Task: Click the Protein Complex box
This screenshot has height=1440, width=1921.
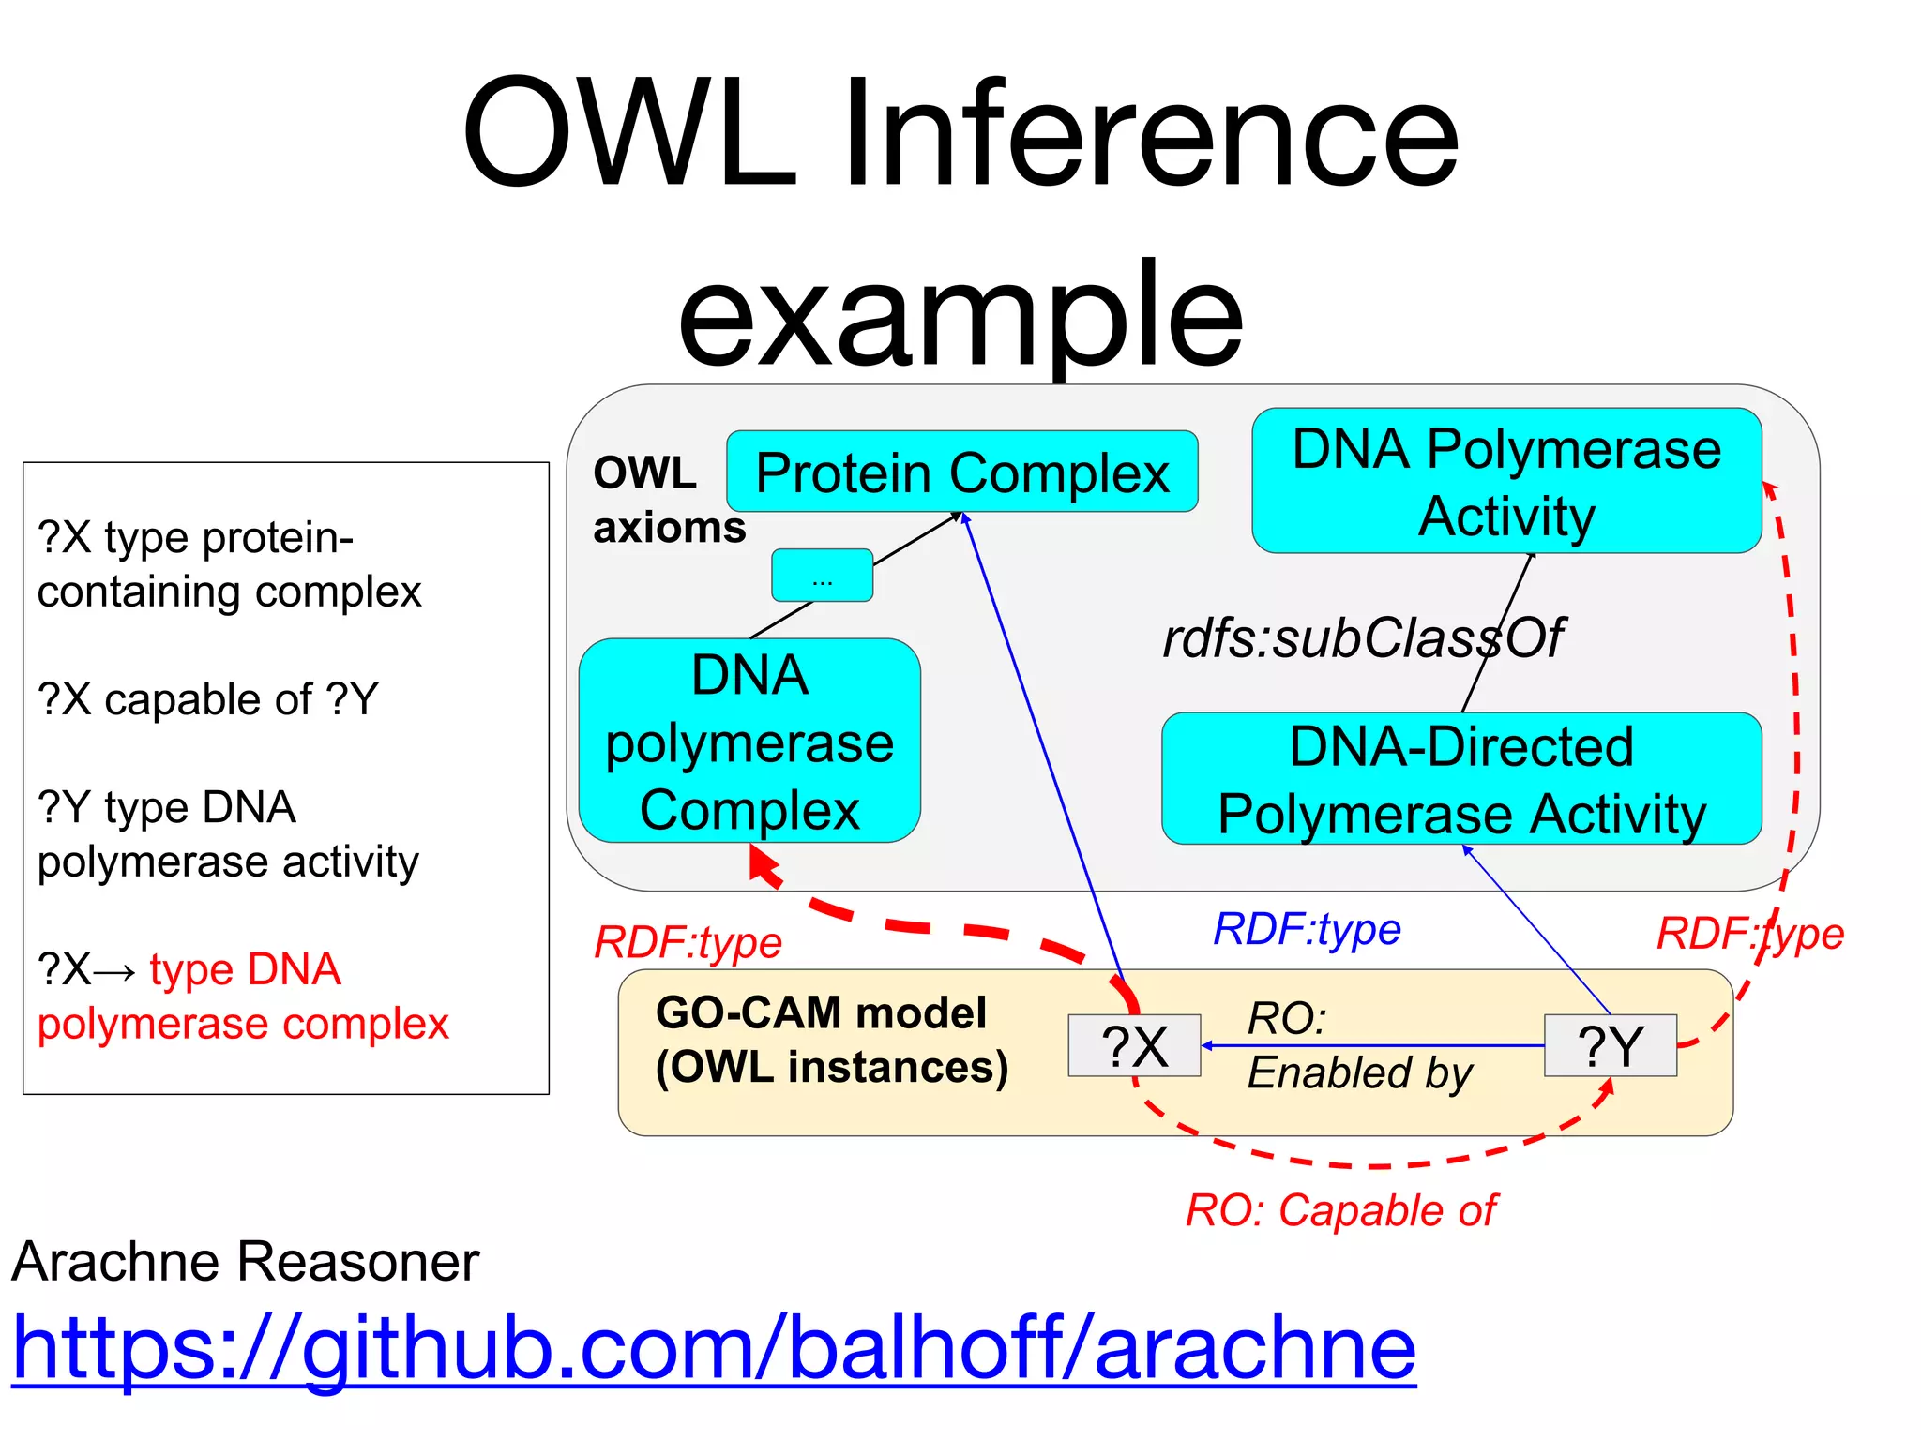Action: (x=961, y=472)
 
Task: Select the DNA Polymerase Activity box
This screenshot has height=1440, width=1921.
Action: (x=1506, y=481)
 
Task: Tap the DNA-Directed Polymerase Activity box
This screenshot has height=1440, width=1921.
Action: (x=1461, y=779)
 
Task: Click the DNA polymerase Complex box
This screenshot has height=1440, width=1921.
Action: (x=749, y=741)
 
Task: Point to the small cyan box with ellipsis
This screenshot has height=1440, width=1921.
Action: (x=822, y=576)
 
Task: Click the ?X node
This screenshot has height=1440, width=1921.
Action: (x=1134, y=1045)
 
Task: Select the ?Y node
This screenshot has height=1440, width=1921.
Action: (x=1610, y=1045)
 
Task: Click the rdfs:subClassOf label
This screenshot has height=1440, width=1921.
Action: (x=1362, y=638)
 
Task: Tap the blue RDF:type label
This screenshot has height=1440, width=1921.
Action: (x=1307, y=929)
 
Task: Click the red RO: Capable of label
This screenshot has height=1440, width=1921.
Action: (x=1340, y=1210)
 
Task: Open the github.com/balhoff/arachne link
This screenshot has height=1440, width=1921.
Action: (x=713, y=1347)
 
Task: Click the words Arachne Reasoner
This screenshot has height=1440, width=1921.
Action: (x=246, y=1261)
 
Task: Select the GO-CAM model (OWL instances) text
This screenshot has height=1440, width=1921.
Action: (x=831, y=1040)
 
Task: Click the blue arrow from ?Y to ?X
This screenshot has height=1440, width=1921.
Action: (x=1369, y=1045)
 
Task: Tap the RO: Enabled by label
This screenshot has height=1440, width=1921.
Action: (x=1358, y=1045)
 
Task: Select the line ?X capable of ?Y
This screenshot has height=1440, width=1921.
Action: (x=208, y=699)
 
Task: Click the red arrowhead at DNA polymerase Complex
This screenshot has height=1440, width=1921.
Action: (x=763, y=863)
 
